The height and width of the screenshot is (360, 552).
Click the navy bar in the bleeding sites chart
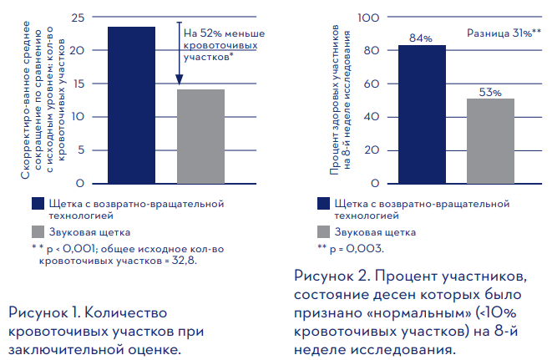pyautogui.click(x=131, y=104)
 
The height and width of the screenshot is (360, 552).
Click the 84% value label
pyautogui.click(x=421, y=38)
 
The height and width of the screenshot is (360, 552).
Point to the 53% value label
pyautogui.click(x=490, y=91)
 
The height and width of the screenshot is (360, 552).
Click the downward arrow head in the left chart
pyautogui.click(x=179, y=82)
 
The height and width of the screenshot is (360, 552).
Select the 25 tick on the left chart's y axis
pyautogui.click(x=78, y=18)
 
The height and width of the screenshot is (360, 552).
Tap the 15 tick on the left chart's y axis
pyautogui.click(x=78, y=84)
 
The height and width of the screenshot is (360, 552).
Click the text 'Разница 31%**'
pyautogui.click(x=504, y=33)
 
